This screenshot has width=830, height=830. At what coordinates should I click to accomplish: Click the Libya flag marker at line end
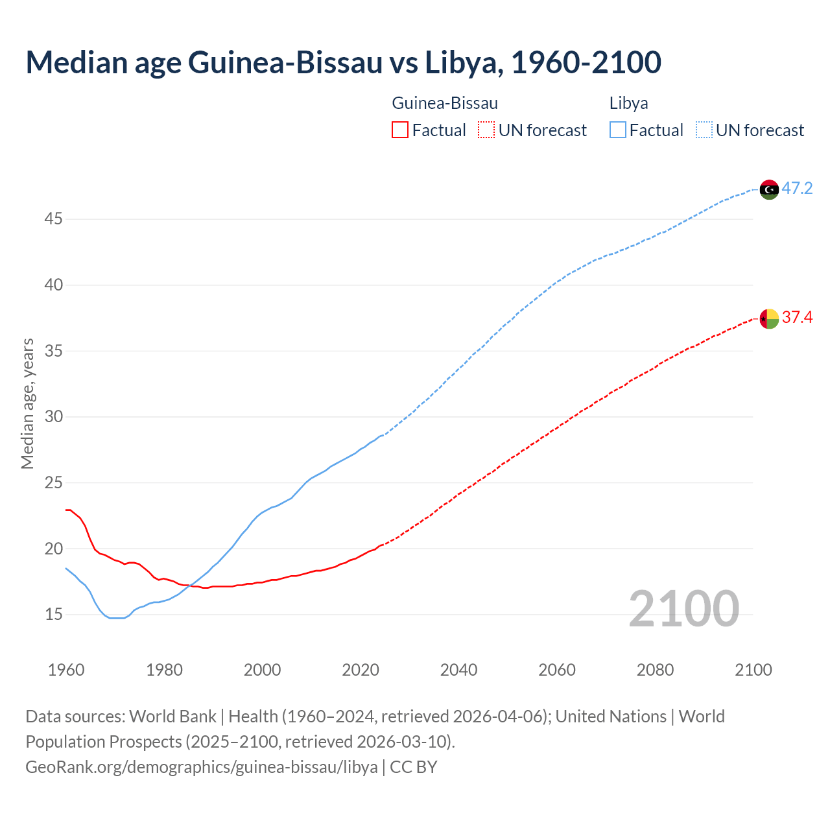769,189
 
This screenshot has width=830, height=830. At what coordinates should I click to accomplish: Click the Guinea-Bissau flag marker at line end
769,318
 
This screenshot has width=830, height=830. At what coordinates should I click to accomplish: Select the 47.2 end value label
797,189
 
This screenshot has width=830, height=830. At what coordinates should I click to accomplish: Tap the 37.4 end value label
797,317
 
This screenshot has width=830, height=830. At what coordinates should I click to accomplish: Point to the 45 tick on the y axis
53,219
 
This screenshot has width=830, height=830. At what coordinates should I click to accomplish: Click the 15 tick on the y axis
53,614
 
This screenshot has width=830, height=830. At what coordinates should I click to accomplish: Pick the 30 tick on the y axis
53,416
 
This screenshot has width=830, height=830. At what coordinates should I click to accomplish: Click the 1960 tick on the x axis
66,670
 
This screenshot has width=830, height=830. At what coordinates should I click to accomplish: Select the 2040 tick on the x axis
458,670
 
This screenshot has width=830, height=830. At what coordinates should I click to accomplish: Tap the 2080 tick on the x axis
655,670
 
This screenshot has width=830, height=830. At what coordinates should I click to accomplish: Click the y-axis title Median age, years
27,403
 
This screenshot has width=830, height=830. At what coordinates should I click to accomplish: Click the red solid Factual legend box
400,130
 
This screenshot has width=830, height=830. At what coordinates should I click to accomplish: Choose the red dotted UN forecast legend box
486,130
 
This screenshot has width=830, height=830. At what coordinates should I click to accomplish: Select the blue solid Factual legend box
618,130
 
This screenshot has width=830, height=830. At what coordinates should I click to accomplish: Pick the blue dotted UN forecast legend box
704,130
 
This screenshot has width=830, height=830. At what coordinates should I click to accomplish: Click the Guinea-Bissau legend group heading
445,103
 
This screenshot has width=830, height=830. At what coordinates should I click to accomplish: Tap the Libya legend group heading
628,103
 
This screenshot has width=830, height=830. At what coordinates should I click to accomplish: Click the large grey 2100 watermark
683,609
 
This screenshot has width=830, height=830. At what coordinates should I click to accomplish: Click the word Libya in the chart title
461,62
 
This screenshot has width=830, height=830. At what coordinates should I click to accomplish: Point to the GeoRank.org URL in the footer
202,767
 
